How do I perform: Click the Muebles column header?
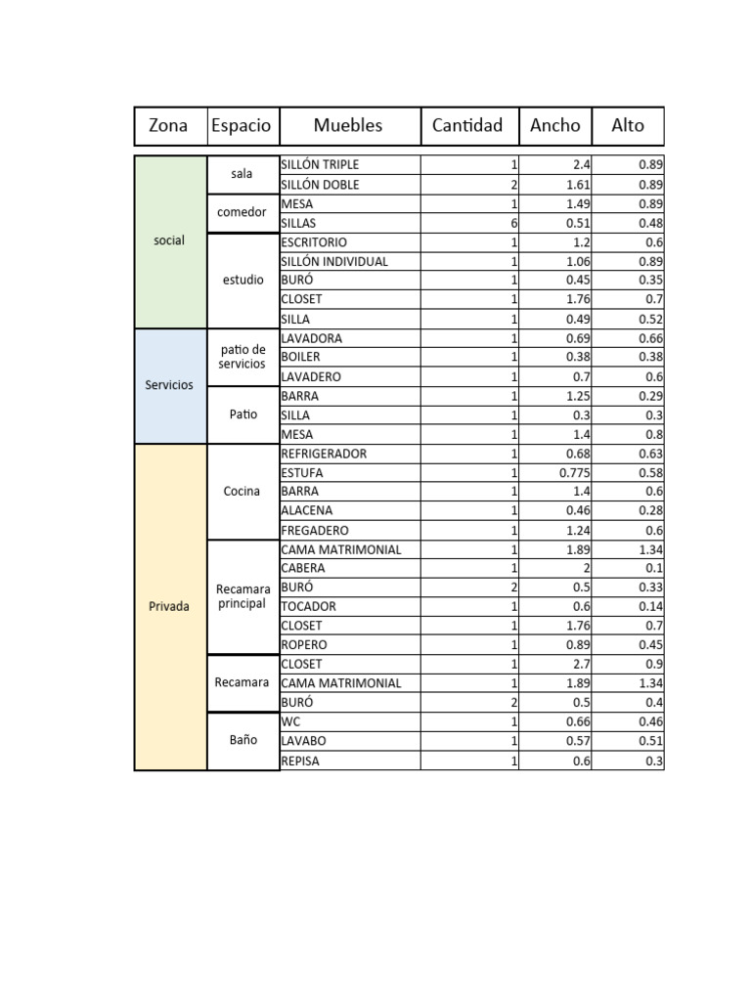(349, 125)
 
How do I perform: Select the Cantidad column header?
(468, 125)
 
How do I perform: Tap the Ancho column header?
(554, 125)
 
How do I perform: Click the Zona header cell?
(169, 125)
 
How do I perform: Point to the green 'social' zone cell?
(169, 240)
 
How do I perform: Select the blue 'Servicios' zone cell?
(169, 385)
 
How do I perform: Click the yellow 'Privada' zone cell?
(169, 606)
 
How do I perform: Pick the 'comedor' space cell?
(242, 212)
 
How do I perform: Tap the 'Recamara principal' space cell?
(242, 596)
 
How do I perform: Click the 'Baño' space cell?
(242, 740)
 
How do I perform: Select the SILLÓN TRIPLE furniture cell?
(349, 164)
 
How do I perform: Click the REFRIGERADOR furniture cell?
(349, 454)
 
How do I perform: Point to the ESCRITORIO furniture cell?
(349, 241)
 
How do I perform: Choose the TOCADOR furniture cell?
(349, 606)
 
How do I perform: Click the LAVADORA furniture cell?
(349, 338)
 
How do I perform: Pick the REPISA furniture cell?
(349, 761)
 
